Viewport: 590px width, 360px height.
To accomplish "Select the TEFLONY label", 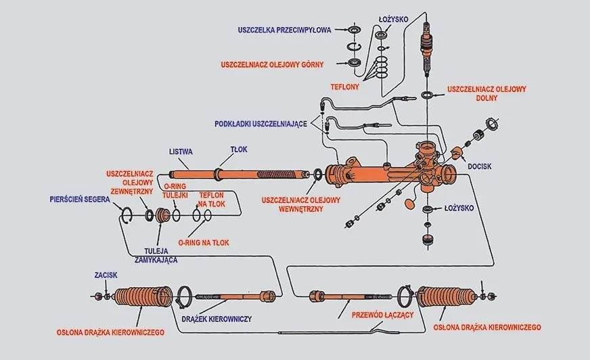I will coord(344,87).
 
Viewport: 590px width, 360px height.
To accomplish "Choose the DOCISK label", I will coord(480,164).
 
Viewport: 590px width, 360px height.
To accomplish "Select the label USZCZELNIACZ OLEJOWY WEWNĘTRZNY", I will coord(302,204).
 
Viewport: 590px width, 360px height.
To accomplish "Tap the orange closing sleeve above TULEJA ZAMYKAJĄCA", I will coord(162,216).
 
